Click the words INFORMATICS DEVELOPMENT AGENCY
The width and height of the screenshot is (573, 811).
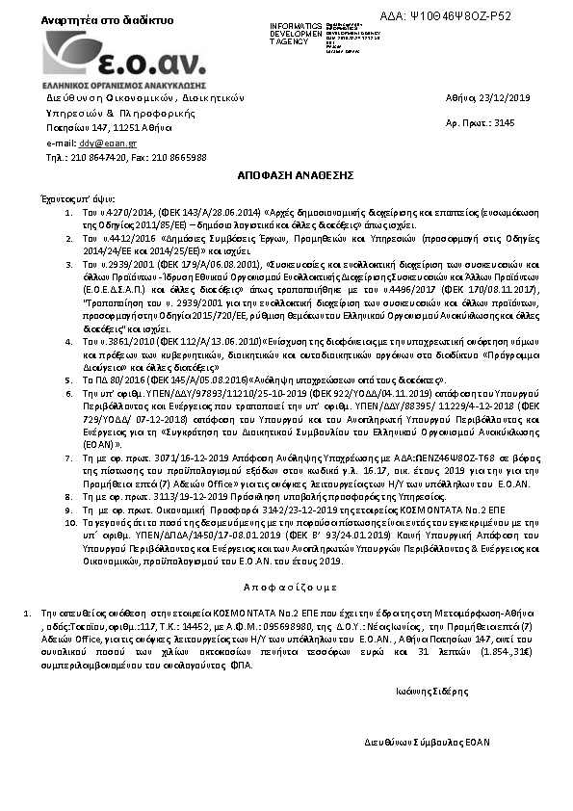pyautogui.click(x=297, y=33)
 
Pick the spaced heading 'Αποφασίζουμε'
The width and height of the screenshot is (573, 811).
pyautogui.click(x=284, y=586)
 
